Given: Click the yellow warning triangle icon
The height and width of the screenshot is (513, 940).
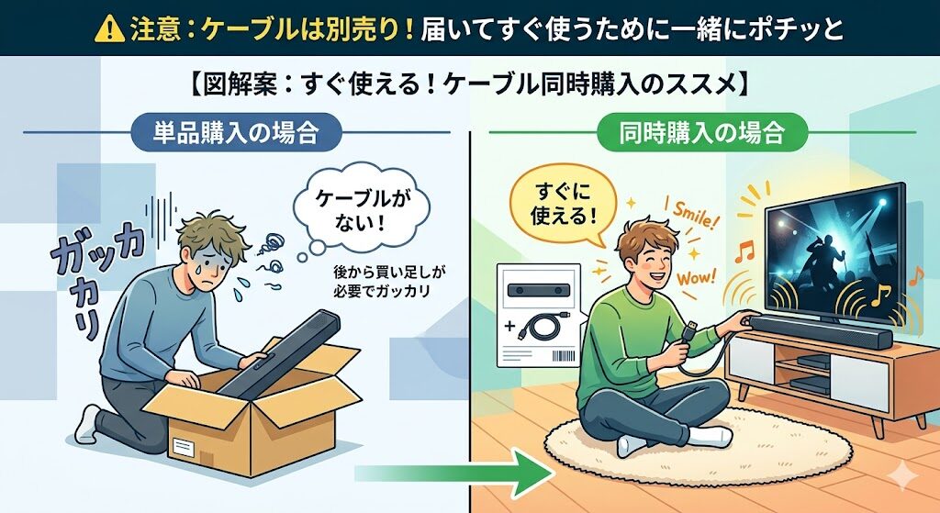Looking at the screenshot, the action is point(109,28).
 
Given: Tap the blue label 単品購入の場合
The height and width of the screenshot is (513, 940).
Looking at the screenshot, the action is point(236,132).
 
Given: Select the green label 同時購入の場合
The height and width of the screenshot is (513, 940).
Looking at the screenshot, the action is point(700,132).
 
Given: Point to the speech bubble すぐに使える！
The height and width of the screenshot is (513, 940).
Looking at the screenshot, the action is point(564,205).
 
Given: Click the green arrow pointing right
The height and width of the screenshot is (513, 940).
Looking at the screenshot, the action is point(453,473).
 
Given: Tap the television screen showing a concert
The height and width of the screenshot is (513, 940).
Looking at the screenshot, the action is point(834,251).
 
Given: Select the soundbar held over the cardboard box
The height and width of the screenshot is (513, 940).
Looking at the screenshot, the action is point(279,352).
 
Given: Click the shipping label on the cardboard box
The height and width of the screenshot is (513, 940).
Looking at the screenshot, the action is point(184,447).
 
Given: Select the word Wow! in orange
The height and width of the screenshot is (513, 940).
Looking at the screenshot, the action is point(696,277).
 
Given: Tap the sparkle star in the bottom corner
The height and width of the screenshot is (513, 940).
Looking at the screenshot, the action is point(902,477).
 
